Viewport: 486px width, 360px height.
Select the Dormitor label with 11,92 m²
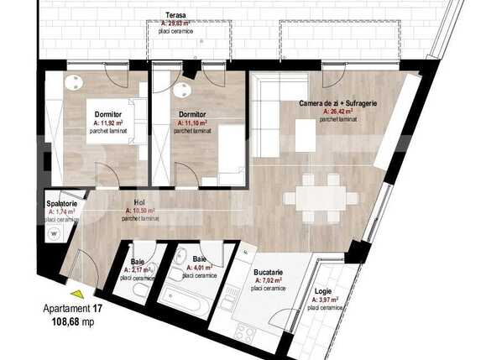(108, 113)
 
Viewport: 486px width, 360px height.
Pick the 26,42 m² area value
(340, 112)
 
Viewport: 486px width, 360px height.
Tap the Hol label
(139, 202)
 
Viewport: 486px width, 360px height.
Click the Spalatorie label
(62, 204)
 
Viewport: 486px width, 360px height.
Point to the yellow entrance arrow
(77, 294)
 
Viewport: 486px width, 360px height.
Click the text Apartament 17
(72, 308)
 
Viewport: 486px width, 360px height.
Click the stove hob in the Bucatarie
(245, 332)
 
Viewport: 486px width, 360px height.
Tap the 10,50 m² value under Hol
(142, 211)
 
